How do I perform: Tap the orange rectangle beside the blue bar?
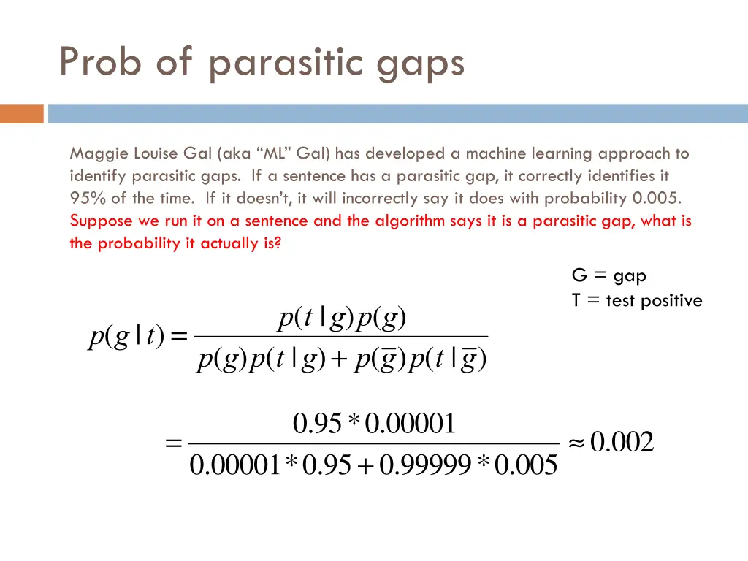[22, 115]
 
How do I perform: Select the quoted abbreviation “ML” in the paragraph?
[274, 153]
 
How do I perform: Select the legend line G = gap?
[608, 276]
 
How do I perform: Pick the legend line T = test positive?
[636, 300]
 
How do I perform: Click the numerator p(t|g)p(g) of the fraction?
[343, 318]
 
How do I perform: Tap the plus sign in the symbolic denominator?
[340, 360]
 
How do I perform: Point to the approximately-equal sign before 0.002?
[576, 443]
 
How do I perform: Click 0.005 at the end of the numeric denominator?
[525, 465]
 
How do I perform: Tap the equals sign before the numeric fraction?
[174, 443]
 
